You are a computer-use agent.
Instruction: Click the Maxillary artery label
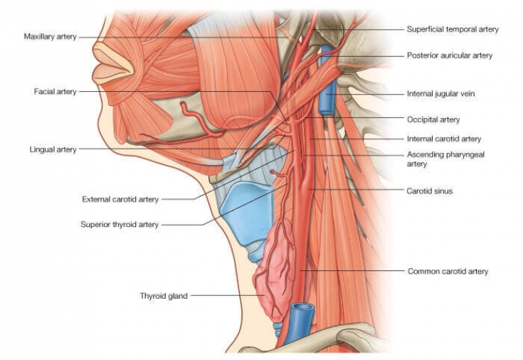click(x=50, y=37)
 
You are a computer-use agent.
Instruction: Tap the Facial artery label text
click(x=55, y=91)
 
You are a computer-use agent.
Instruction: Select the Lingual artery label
click(x=53, y=150)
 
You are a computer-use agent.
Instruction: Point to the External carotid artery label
click(x=120, y=199)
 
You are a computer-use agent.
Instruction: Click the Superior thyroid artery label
click(x=120, y=225)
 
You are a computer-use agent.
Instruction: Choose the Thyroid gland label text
click(x=164, y=296)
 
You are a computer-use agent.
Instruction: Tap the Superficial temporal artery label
click(x=453, y=29)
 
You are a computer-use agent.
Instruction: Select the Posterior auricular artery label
click(x=450, y=55)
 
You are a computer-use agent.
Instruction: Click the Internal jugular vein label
click(x=440, y=94)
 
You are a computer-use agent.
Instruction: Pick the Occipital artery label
click(x=433, y=120)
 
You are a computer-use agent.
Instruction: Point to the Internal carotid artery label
click(x=444, y=139)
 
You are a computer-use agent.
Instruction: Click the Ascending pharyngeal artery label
click(x=445, y=159)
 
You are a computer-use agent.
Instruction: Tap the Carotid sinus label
click(x=430, y=191)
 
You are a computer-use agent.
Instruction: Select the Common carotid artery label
click(x=448, y=271)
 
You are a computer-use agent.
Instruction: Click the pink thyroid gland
click(x=274, y=270)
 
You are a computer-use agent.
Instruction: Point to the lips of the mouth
click(x=113, y=63)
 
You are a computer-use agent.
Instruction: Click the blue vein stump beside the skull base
click(x=327, y=80)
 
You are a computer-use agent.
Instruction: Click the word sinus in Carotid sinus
click(x=442, y=191)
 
